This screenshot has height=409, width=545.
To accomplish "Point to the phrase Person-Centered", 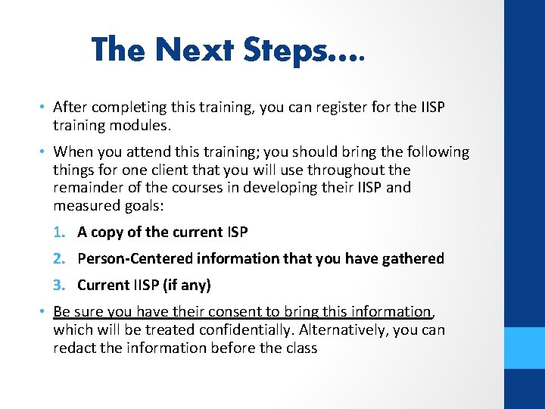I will coord(135,258).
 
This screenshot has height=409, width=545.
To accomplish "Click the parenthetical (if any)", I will coord(187,285).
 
